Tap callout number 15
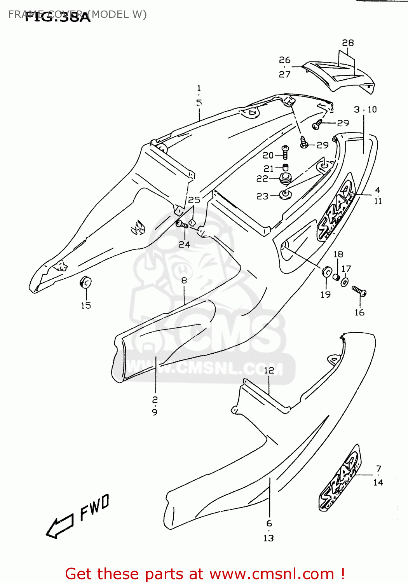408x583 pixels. pyautogui.click(x=86, y=305)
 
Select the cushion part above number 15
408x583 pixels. pyautogui.click(x=85, y=282)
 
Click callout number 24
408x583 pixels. pyautogui.click(x=184, y=244)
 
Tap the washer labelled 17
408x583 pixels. pyautogui.click(x=345, y=281)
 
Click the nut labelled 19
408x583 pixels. pyautogui.click(x=326, y=271)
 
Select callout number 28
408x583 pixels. pyautogui.click(x=348, y=43)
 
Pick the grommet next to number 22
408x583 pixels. pyautogui.click(x=285, y=179)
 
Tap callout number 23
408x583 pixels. pyautogui.click(x=262, y=196)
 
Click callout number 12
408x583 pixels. pyautogui.click(x=269, y=370)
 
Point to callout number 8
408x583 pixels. pyautogui.click(x=184, y=280)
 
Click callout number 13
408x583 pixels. pyautogui.click(x=269, y=538)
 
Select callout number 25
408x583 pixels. pyautogui.click(x=194, y=200)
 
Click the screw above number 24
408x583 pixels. pyautogui.click(x=181, y=224)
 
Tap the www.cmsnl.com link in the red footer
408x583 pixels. pyautogui.click(x=272, y=574)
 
